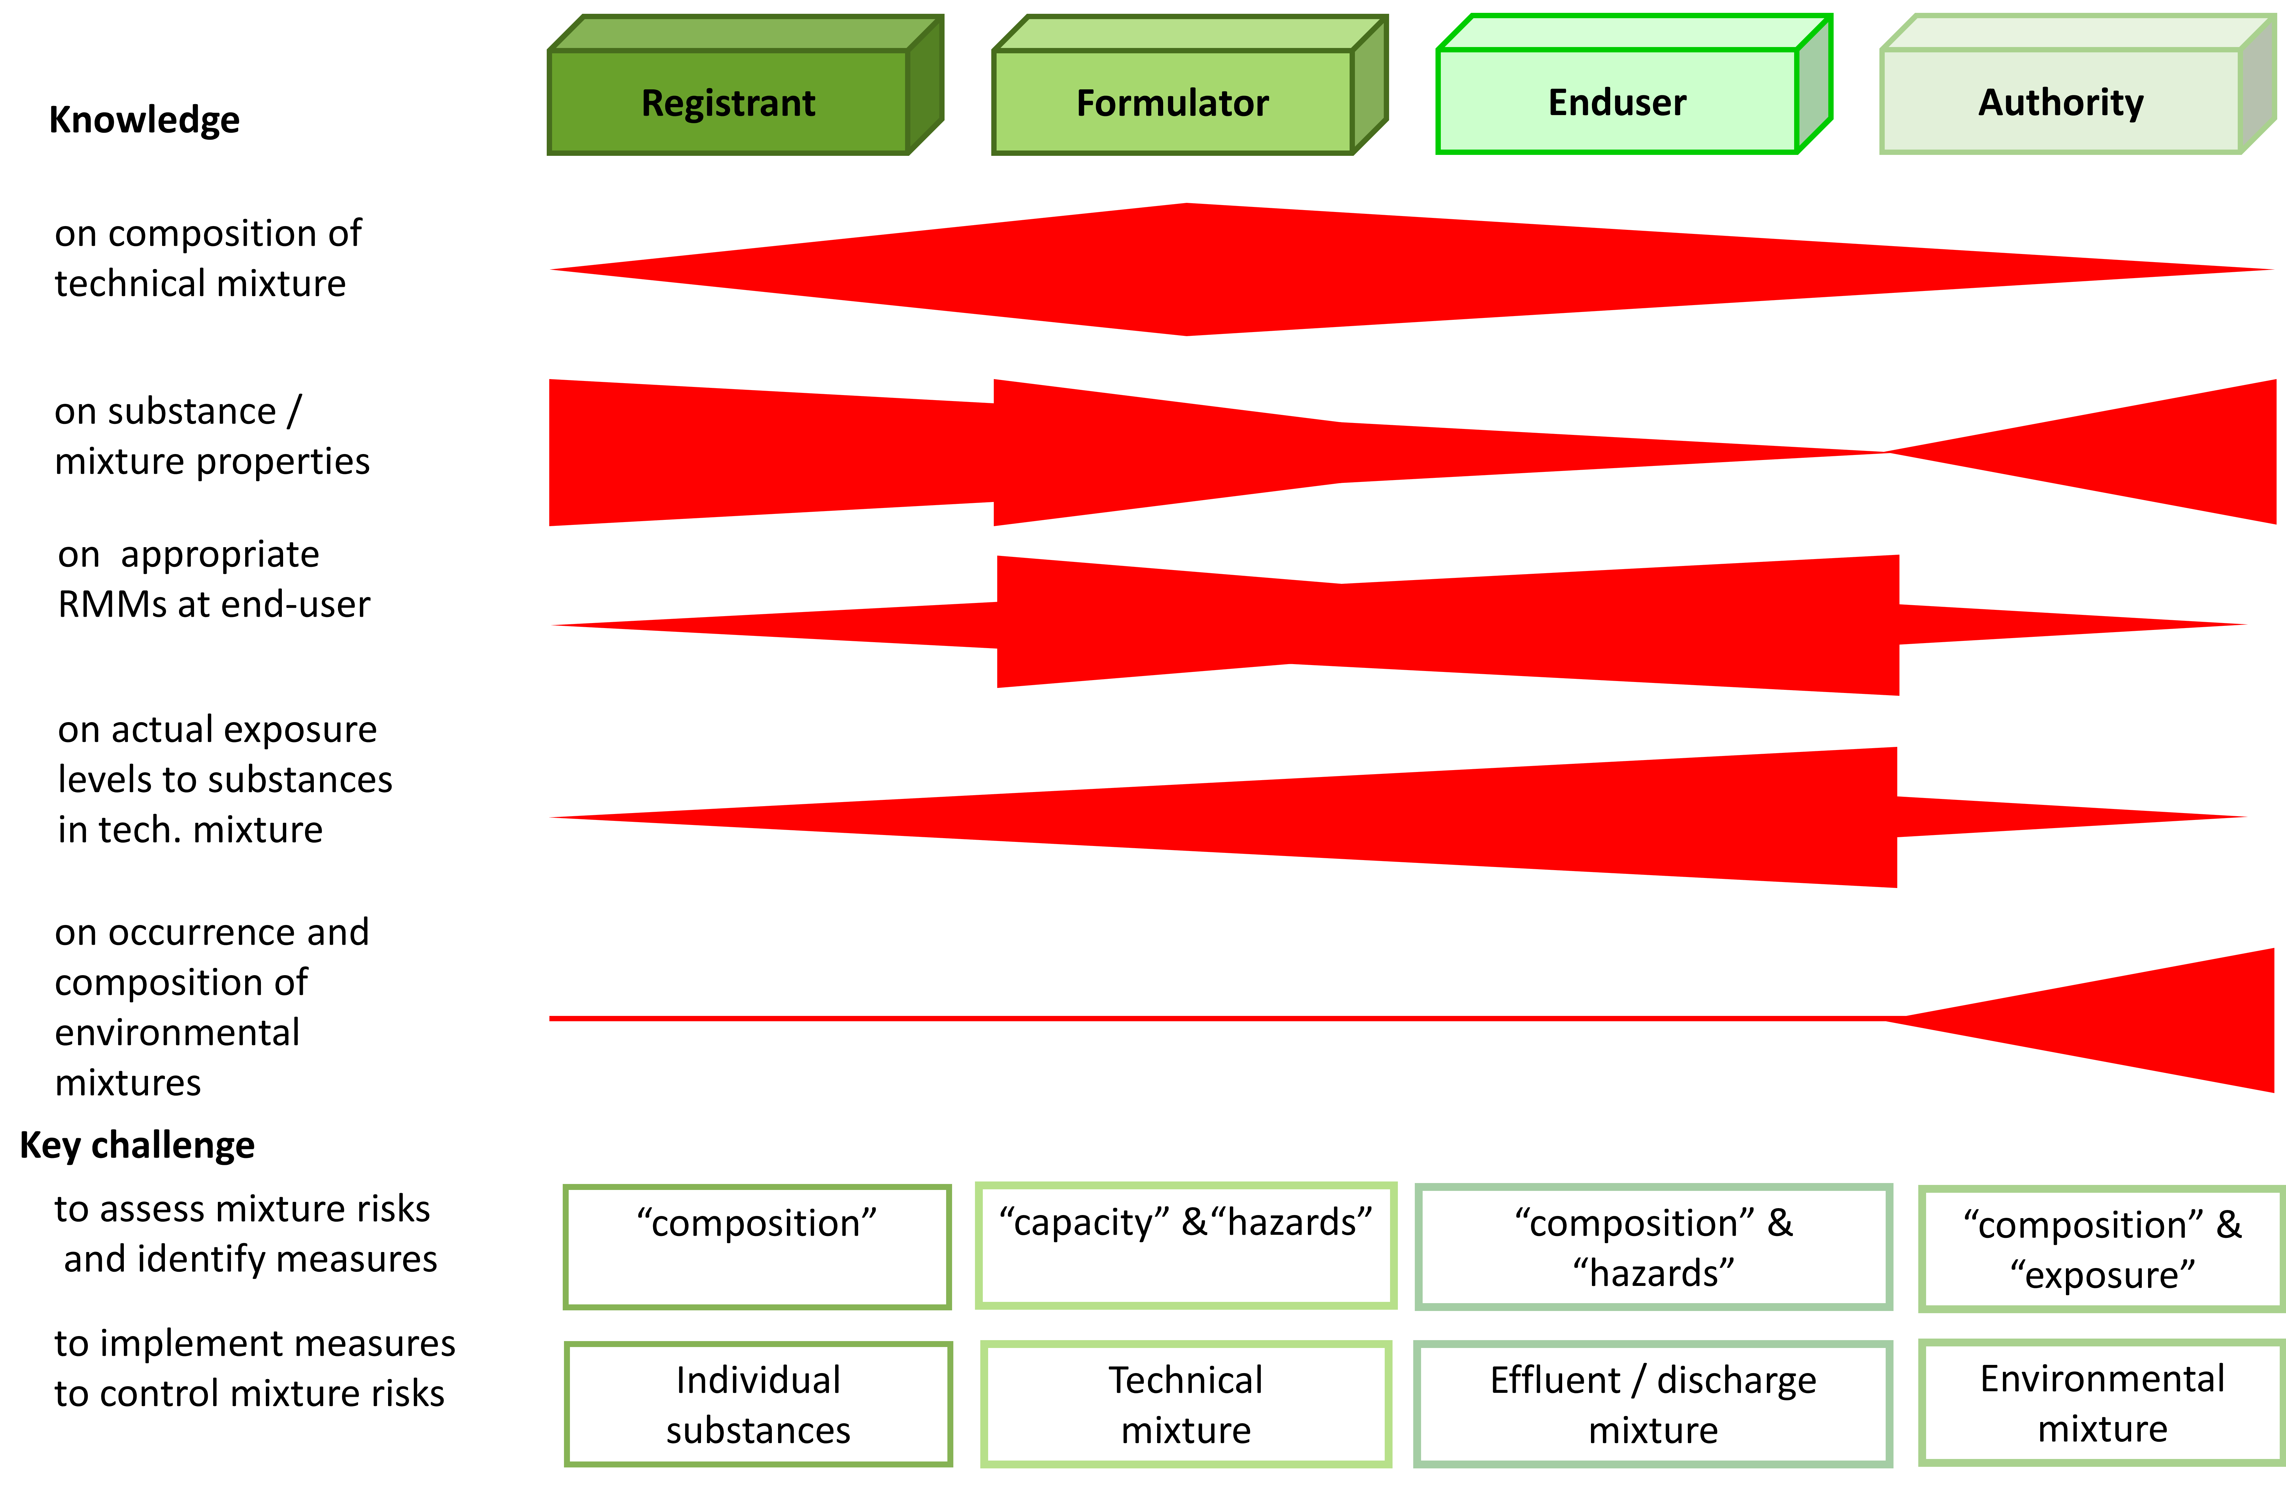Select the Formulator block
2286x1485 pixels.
(1173, 102)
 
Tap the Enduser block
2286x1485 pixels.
(1618, 102)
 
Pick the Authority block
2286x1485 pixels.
(2061, 102)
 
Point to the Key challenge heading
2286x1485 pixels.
(137, 1145)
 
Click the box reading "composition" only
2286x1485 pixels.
(757, 1246)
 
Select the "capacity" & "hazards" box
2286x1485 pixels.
(1185, 1245)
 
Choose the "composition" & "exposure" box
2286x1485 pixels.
(2102, 1249)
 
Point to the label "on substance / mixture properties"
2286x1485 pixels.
(211, 436)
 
